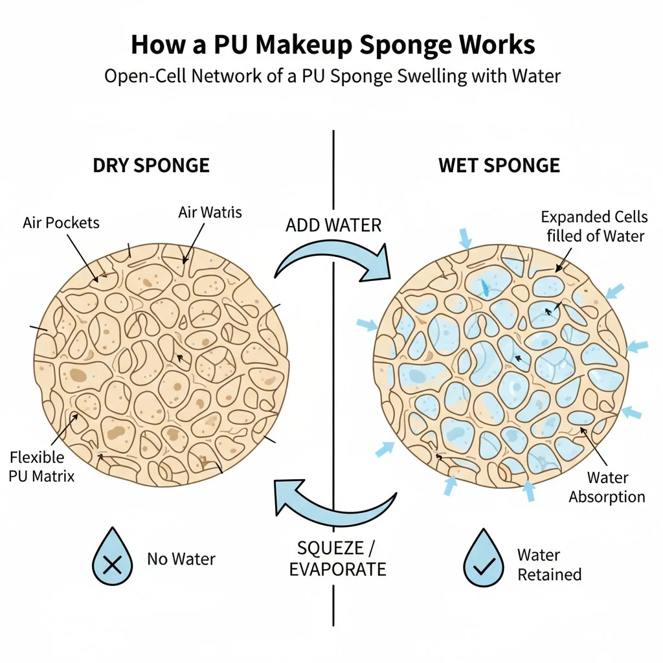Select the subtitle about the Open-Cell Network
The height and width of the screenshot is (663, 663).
point(332,76)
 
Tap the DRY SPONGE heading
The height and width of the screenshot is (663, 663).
point(152,165)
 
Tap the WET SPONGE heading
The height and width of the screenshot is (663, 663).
point(499,165)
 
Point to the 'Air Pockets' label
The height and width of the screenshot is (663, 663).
point(62,223)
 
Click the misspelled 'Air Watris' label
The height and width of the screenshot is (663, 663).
point(209,212)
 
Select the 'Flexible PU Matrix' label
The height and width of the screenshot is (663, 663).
point(42,467)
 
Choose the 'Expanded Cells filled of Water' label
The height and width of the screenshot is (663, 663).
point(595,226)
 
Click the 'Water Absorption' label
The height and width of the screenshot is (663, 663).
point(607,488)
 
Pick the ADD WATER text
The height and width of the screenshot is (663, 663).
point(333,226)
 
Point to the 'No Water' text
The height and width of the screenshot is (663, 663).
point(181,558)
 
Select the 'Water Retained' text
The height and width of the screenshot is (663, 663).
point(549,565)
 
